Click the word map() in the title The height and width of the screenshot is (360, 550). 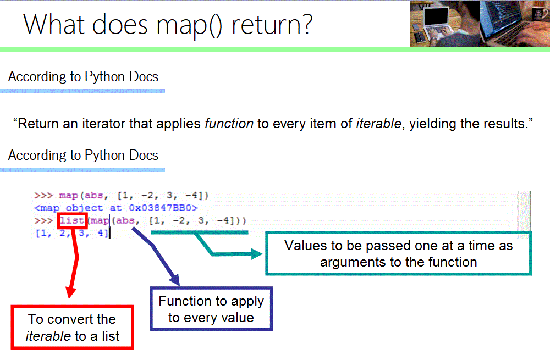click(189, 26)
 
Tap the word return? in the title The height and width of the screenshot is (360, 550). click(272, 25)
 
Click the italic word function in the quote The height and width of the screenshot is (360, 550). click(229, 123)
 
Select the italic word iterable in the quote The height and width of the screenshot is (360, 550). click(378, 123)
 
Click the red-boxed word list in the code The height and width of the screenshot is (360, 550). click(72, 220)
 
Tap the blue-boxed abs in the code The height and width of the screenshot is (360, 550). click(123, 220)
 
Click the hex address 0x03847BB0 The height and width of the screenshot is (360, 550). click(163, 208)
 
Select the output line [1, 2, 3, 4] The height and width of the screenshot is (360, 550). click(72, 233)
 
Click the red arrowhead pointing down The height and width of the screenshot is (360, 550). click(71, 292)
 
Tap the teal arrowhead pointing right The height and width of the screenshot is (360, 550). click(257, 254)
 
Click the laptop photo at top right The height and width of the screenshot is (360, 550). click(480, 24)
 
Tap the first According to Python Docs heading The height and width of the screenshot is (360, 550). click(83, 76)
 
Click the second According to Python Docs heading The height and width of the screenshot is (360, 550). click(83, 155)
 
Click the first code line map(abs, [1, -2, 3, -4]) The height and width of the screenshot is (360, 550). click(134, 195)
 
